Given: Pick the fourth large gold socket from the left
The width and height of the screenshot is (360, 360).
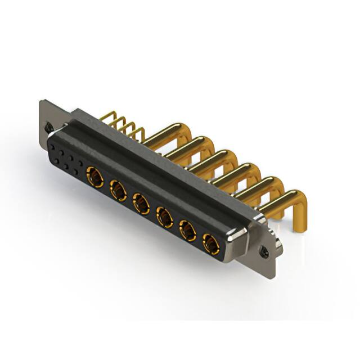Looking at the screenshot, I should pyautogui.click(x=164, y=215).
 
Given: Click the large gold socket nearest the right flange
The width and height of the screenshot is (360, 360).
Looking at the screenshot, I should pyautogui.click(x=210, y=242).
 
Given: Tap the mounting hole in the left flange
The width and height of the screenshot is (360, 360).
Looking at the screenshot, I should pyautogui.click(x=49, y=128).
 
